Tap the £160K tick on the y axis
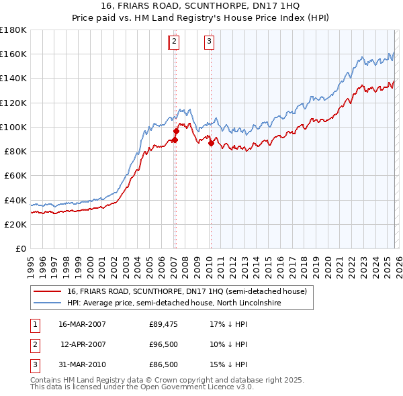tap(13, 54)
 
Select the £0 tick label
tap(20, 248)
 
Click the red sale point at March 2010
tap(211, 143)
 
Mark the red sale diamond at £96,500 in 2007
tap(176, 131)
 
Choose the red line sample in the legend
tap(47, 291)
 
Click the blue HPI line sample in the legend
tap(47, 303)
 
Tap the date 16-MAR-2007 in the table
tap(82, 324)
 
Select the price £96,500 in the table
tap(163, 344)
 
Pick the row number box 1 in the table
tap(35, 324)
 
